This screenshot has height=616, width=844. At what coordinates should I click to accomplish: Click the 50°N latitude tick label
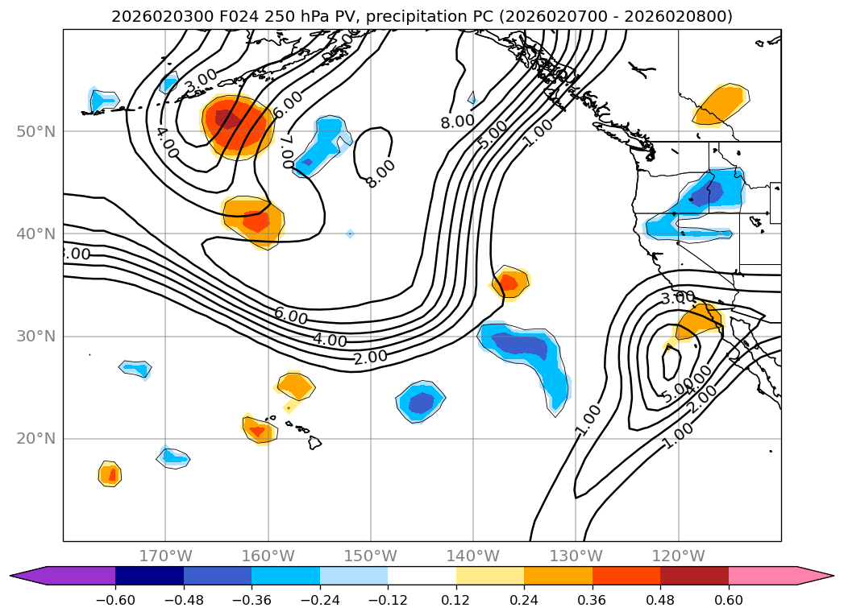tap(35, 131)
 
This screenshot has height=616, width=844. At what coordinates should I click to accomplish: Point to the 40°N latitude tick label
tap(35, 234)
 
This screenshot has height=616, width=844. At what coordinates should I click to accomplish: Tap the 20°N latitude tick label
tap(35, 439)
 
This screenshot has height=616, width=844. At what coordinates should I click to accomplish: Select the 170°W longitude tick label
tap(165, 556)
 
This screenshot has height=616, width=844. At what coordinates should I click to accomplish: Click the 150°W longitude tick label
tap(370, 556)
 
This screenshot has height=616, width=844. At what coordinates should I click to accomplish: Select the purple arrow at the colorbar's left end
tap(28, 576)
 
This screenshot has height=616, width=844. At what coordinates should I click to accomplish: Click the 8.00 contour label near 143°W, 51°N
tap(457, 122)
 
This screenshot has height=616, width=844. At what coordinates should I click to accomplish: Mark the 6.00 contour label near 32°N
tap(290, 316)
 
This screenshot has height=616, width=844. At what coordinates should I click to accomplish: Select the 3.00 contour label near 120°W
tap(677, 298)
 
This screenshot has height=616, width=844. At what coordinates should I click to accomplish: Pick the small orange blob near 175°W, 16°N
tap(110, 474)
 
